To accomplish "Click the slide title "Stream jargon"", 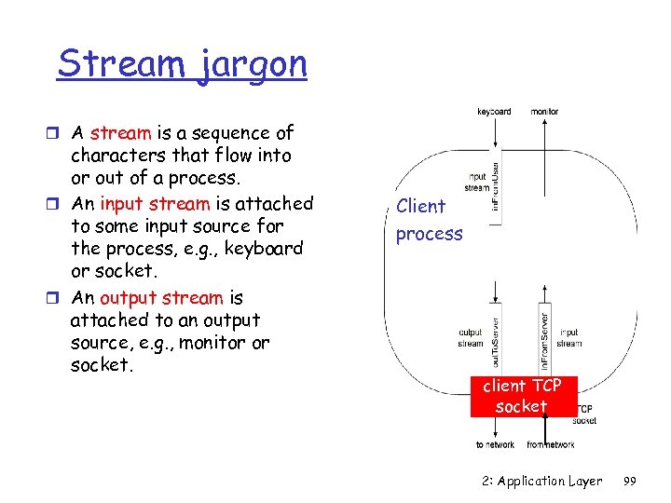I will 182,64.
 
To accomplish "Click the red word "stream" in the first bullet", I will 120,133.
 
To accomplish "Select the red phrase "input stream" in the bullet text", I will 155,203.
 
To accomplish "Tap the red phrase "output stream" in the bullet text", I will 161,298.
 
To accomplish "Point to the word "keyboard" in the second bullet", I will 266,250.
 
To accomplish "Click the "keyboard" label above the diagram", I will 494,112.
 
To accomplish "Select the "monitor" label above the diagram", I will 545,112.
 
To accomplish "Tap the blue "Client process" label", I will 429,220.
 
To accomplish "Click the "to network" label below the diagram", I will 495,445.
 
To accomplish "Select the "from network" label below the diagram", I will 550,445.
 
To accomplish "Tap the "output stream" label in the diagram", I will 471,337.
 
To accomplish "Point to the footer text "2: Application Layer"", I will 542,482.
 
